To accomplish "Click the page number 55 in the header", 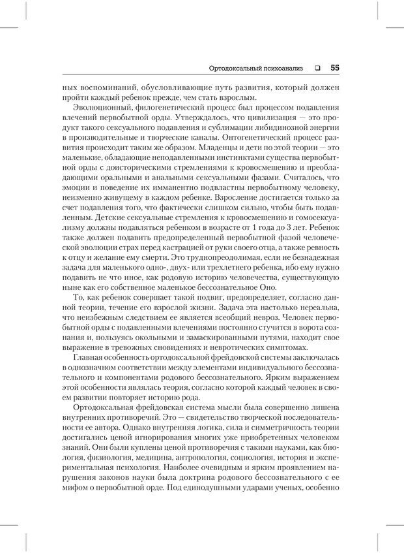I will [334, 67].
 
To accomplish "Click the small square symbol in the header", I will [317, 67].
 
